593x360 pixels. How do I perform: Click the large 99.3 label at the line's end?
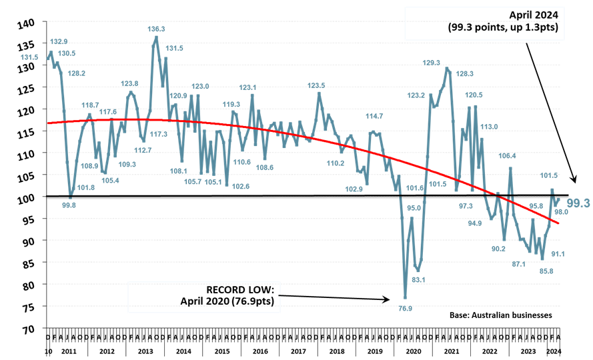[x=578, y=203]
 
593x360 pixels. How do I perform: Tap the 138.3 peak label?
[x=156, y=29]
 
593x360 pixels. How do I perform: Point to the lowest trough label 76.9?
[x=405, y=309]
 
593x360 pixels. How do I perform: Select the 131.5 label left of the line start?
[x=29, y=57]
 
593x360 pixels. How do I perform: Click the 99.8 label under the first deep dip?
[x=69, y=205]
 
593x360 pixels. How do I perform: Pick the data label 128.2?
[x=77, y=73]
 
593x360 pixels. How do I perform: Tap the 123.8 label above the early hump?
[x=129, y=83]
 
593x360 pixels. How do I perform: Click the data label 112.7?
[x=143, y=150]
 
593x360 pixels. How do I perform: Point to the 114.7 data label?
[x=374, y=116]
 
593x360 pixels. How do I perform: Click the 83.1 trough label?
[x=419, y=280]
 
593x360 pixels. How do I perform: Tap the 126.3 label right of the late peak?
[x=465, y=73]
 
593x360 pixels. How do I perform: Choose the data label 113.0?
[x=490, y=126]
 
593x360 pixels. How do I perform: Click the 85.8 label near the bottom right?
[x=546, y=271]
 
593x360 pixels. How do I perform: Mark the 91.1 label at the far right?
[x=558, y=254]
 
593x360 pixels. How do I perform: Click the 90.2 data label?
[x=498, y=249]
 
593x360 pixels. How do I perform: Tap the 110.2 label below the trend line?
[x=336, y=163]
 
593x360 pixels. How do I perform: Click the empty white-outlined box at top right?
[x=484, y=23]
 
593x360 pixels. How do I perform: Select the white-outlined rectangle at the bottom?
[x=204, y=297]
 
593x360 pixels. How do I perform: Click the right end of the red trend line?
[x=559, y=222]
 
